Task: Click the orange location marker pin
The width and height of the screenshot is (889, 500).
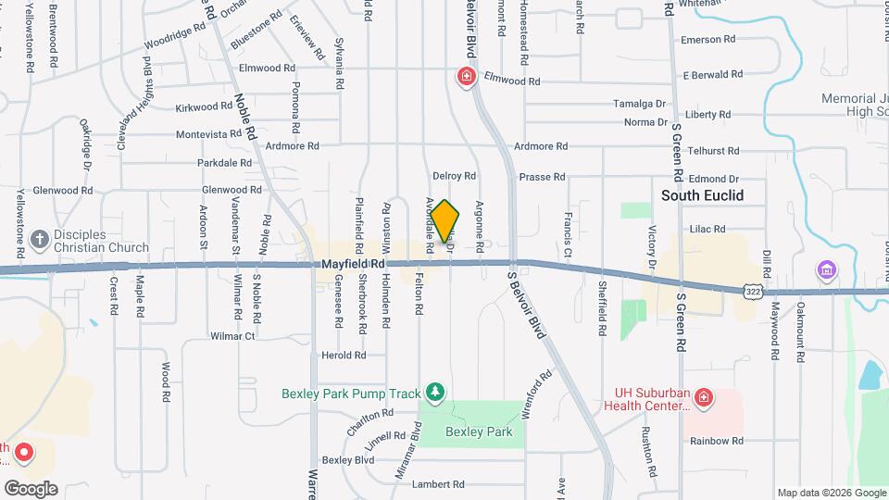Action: (x=444, y=220)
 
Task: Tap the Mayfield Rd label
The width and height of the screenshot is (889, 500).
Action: (x=353, y=264)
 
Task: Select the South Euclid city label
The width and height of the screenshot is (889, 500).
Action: (x=702, y=195)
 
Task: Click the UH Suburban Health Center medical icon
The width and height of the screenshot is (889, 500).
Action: (x=704, y=398)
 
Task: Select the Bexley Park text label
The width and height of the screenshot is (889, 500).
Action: (x=479, y=431)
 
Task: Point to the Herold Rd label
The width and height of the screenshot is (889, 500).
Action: (x=343, y=355)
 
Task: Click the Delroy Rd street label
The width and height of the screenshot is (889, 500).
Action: (x=454, y=175)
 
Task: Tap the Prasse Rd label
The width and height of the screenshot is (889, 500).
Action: (x=542, y=176)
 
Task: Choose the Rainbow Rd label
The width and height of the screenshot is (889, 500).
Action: (x=717, y=441)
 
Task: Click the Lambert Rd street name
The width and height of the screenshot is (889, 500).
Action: (x=438, y=484)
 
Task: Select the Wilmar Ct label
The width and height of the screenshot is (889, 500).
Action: (x=232, y=336)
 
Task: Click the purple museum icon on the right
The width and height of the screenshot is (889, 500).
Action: (x=825, y=270)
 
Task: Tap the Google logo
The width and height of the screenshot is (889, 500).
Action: (x=31, y=489)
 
